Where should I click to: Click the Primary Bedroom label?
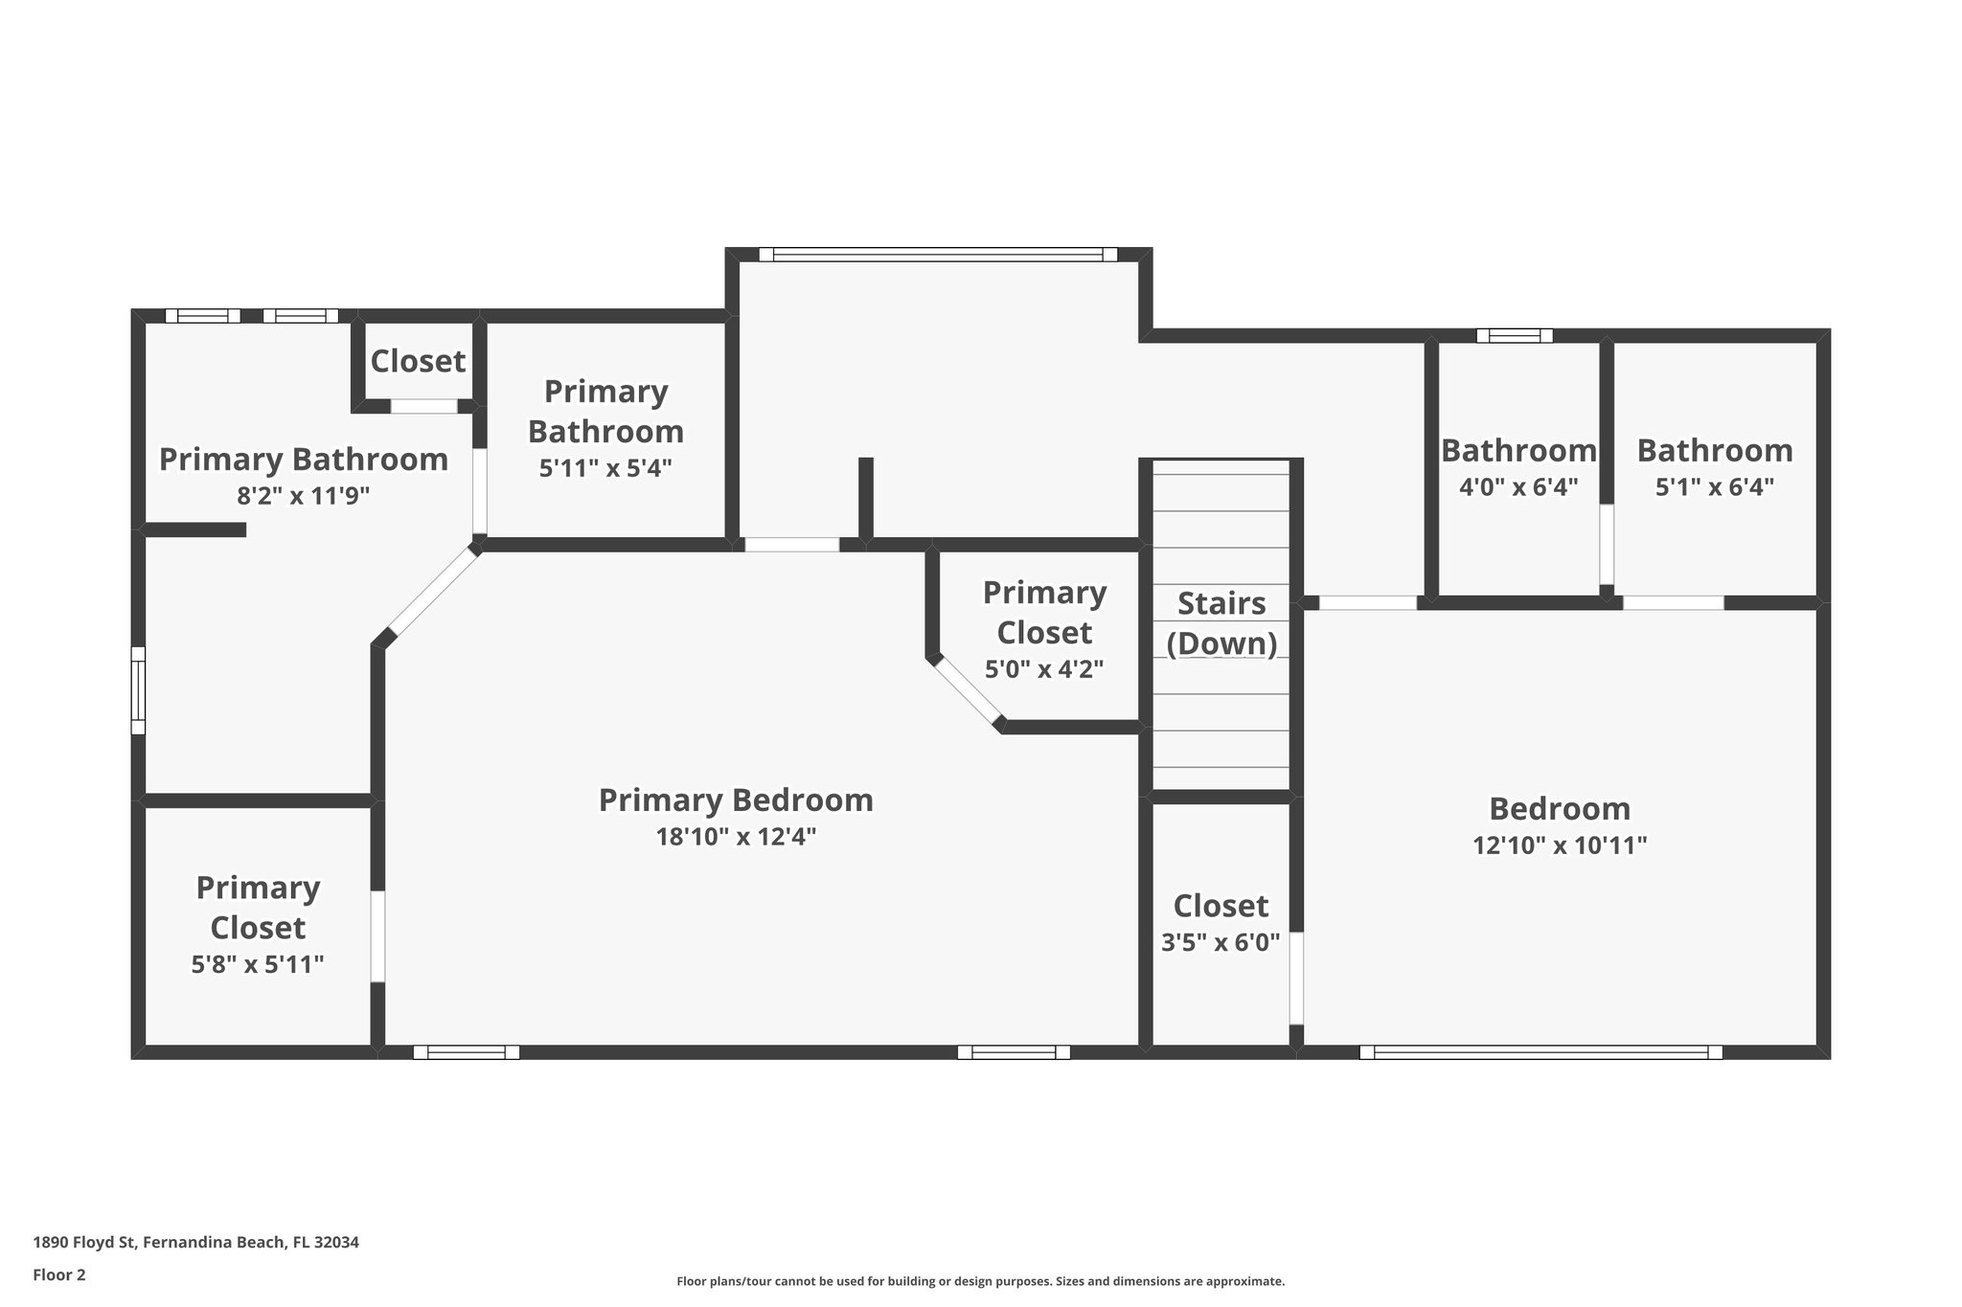pos(736,800)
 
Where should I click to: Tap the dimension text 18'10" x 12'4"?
pos(736,837)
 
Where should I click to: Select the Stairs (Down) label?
pos(1221,623)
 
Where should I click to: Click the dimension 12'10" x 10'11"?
pos(1560,845)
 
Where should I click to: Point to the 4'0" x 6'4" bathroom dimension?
pos(1518,487)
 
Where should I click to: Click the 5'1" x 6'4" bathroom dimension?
pos(1715,487)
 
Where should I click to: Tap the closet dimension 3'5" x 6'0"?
pos(1221,943)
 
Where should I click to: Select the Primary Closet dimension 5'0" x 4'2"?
pos(1044,669)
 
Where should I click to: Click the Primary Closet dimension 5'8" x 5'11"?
pos(258,964)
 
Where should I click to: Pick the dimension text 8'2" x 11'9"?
pos(304,496)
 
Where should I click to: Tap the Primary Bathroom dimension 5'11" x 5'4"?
pos(605,468)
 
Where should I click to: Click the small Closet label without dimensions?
pos(418,361)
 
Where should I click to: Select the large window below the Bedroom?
pos(1540,1052)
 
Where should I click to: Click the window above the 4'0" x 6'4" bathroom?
pos(1514,335)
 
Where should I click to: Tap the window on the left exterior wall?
pos(138,690)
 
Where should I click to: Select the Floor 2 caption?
pos(59,1274)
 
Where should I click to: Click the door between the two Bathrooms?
pos(1607,544)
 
